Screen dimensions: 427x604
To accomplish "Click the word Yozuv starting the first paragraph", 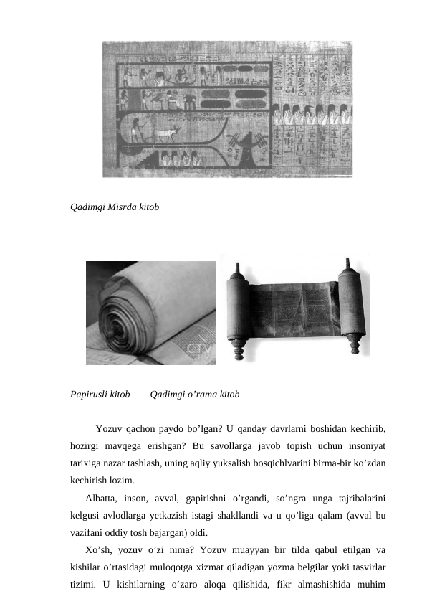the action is pyautogui.click(x=107, y=430).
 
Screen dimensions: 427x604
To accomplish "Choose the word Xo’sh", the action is pyautogui.click(x=97, y=552).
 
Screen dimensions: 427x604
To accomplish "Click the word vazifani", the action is pyautogui.click(x=87, y=534).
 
